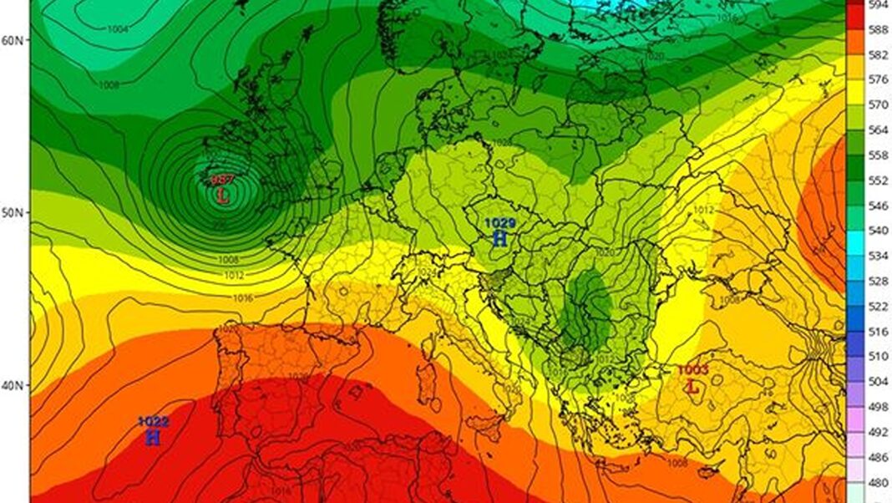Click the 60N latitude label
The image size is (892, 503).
(13, 40)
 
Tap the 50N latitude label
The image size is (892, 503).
(13, 213)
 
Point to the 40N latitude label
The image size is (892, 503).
(13, 386)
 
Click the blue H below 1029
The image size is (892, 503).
(499, 238)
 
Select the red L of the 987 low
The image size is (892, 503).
(222, 196)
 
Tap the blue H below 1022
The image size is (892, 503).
(152, 437)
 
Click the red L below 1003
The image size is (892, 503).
(692, 386)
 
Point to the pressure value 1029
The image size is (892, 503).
(500, 223)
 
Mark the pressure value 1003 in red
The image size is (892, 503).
(692, 370)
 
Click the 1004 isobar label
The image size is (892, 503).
(118, 29)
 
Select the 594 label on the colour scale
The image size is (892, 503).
(877, 4)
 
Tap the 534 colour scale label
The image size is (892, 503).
(877, 256)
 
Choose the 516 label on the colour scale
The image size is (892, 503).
(877, 333)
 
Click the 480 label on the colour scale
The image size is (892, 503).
(877, 483)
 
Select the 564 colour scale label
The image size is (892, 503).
(877, 130)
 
